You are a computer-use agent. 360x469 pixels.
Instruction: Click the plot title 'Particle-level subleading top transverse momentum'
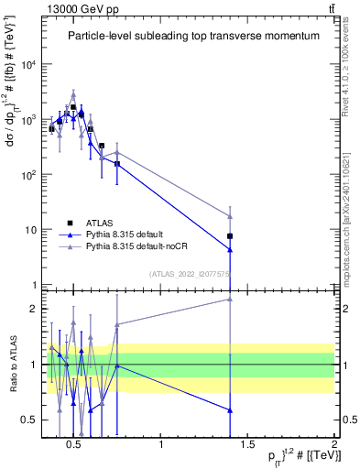click(193, 36)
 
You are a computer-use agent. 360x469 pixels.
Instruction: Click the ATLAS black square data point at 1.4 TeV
click(230, 236)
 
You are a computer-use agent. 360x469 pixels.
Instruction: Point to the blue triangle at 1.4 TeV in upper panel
click(230, 249)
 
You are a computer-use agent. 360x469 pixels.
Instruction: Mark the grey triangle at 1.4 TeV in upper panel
click(230, 216)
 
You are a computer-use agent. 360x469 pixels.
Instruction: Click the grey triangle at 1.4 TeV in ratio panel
click(230, 299)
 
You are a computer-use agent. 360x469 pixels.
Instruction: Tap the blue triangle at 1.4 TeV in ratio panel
click(230, 409)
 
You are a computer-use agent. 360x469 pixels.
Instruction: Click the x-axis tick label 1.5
click(248, 446)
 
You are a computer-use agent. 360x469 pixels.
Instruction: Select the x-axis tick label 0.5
click(74, 446)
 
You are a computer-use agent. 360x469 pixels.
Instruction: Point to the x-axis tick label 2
click(334, 446)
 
